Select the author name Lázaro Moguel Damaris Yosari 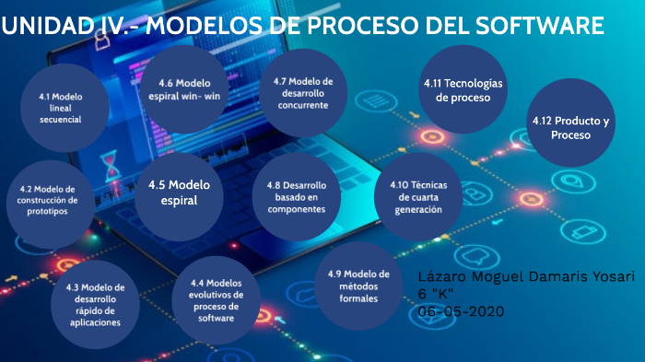click(x=526, y=277)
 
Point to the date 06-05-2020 click(x=462, y=311)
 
